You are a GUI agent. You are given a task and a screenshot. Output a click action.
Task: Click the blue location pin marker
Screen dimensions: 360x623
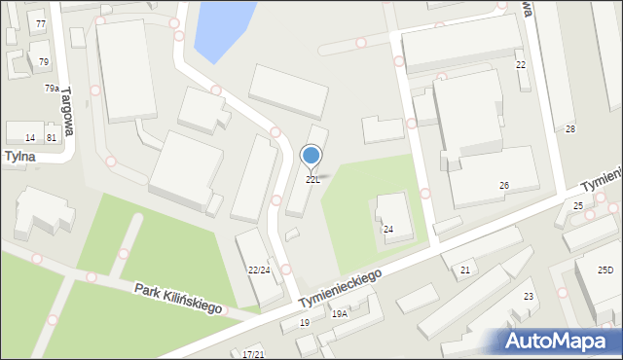pos(311,156)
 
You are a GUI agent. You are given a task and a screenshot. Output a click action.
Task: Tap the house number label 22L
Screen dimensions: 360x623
pos(312,180)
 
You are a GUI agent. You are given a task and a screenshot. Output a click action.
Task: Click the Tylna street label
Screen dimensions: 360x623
pos(18,156)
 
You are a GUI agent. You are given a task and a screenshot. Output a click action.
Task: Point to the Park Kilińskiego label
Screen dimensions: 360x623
pos(178,299)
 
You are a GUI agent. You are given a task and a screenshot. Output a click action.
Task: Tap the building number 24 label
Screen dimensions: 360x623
pos(388,230)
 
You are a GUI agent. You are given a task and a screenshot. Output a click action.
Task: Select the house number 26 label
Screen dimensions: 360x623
pos(504,185)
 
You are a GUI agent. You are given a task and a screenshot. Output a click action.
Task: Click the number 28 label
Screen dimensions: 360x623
pos(570,129)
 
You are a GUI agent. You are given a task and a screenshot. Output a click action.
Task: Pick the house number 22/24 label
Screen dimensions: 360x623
pos(259,270)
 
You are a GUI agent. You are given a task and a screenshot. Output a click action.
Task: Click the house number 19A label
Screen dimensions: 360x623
pos(340,314)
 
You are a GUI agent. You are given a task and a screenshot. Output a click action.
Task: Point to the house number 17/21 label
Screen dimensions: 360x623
pos(253,354)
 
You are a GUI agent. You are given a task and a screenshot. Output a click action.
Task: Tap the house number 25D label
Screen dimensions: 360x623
pos(605,270)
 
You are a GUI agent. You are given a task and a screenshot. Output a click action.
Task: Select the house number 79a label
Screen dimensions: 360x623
pos(52,89)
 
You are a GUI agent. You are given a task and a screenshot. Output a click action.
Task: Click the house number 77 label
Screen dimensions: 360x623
pos(40,23)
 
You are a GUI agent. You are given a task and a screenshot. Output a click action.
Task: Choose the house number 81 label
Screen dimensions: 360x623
pos(52,138)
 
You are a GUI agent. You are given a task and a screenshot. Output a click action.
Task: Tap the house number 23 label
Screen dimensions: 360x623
pos(529,296)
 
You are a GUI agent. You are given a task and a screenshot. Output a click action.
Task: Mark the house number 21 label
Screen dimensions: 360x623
pos(465,270)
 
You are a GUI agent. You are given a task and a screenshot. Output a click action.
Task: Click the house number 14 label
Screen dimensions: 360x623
pos(30,138)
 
